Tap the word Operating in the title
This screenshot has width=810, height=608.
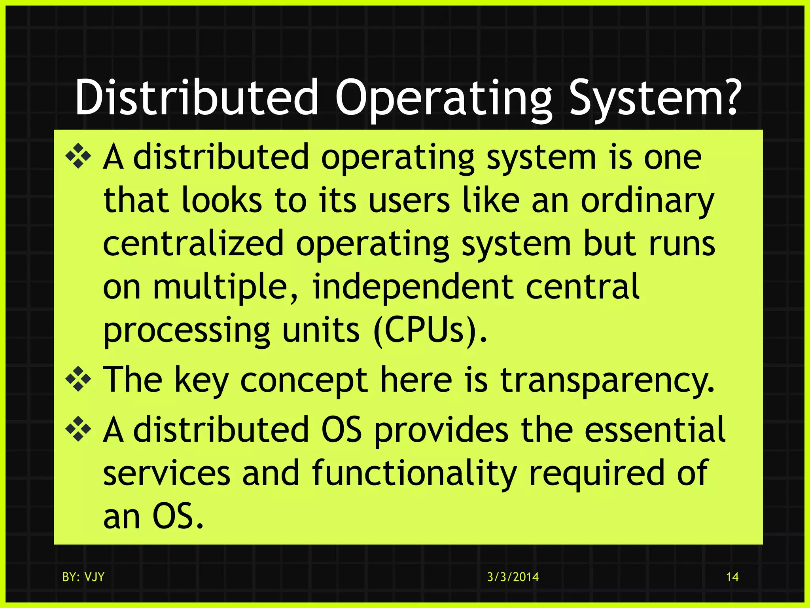point(443,98)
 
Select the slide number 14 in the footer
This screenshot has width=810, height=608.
point(732,577)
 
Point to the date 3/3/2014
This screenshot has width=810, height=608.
point(513,577)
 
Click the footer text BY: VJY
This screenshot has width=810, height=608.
point(83,577)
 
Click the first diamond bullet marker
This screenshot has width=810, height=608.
point(78,157)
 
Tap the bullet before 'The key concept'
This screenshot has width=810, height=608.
point(78,379)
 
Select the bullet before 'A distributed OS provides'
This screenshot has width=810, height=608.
point(78,429)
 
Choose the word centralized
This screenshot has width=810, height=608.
point(193,243)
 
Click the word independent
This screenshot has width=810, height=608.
point(413,287)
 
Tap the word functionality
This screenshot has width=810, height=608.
point(414,473)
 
